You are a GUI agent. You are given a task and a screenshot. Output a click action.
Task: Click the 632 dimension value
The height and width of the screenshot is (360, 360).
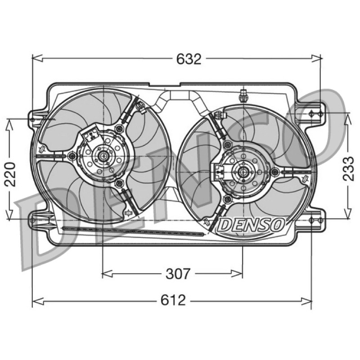(x=189, y=59)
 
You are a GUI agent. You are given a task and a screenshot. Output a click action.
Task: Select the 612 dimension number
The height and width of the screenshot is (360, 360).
(x=173, y=300)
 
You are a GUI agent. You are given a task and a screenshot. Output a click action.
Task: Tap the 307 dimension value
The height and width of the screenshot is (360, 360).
(x=178, y=274)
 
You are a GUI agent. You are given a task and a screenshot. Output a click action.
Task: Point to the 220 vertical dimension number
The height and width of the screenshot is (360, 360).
(x=10, y=174)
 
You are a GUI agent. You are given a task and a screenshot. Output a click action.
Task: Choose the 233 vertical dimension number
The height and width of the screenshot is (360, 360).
(x=348, y=169)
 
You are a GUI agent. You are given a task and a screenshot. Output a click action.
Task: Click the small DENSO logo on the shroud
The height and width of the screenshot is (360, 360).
(x=251, y=224)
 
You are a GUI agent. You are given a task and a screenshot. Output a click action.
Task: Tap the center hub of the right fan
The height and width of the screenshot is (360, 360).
(x=243, y=171)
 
